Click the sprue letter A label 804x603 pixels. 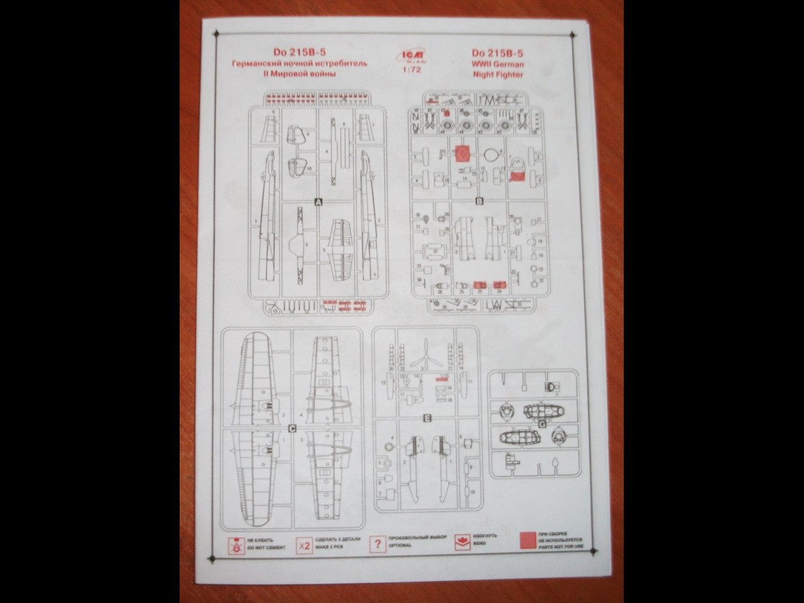coord(318,202)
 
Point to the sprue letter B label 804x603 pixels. coord(479,202)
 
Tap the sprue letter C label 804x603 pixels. coord(291,429)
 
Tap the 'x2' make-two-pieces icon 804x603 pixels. coord(305,545)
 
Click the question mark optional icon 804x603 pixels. coord(377,544)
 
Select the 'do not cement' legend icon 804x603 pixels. coord(236,545)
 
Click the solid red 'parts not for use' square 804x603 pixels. coord(528,541)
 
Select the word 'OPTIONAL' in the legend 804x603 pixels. coord(400,545)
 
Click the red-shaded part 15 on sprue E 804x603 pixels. coord(445,378)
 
